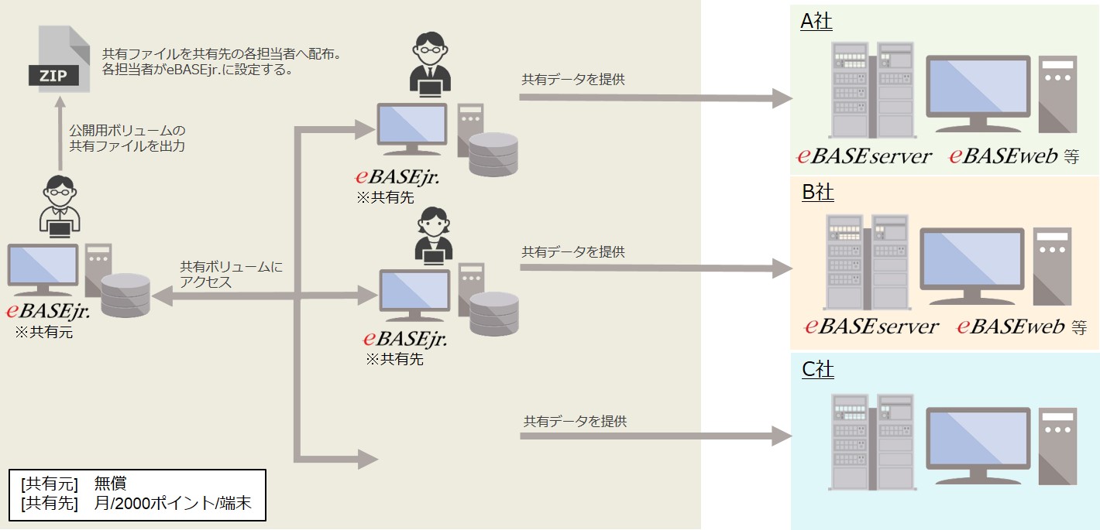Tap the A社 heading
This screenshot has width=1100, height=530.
[x=816, y=21]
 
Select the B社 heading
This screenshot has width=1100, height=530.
[x=817, y=192]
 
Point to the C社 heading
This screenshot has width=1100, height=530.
[x=817, y=370]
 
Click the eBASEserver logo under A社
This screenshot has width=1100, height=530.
[x=865, y=156]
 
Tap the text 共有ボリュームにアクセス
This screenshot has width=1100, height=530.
[x=231, y=275]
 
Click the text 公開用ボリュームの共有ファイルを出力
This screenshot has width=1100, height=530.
[x=127, y=138]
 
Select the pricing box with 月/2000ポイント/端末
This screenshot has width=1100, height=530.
[x=137, y=495]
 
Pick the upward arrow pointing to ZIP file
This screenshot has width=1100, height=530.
[x=60, y=136]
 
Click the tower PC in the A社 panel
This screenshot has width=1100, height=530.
[x=1057, y=94]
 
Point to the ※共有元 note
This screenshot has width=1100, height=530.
[x=44, y=333]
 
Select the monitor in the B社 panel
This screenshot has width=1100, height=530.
[x=971, y=265]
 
